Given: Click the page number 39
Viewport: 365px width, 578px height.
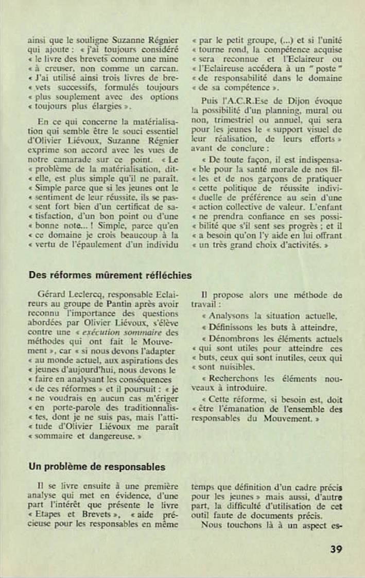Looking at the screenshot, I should pos(336,549).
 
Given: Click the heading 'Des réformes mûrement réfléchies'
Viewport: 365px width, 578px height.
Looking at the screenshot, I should pos(110,275).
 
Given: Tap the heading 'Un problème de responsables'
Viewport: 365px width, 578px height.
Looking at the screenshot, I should pos(97,467).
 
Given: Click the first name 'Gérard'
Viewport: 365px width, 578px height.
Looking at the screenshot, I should pos(50,295).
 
